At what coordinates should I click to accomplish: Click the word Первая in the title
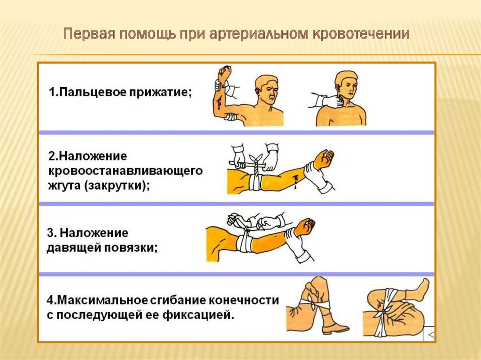click(88, 35)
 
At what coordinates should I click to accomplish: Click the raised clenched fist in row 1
click(225, 74)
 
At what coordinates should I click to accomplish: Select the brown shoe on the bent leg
click(335, 328)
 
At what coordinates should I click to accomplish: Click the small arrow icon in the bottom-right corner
click(428, 334)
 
